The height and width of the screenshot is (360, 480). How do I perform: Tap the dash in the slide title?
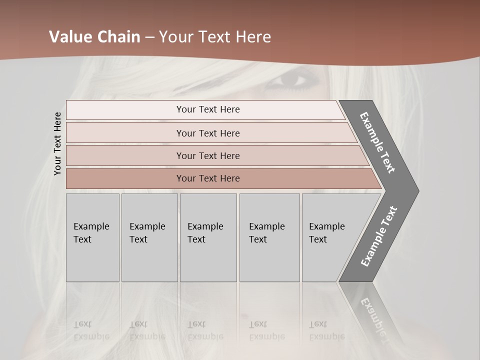[149, 37]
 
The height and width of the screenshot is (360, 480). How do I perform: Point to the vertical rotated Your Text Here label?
[57, 143]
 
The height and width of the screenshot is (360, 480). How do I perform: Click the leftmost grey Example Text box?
[92, 237]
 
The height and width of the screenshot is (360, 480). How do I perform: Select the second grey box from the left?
[149, 237]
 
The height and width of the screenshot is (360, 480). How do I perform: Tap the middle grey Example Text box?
[208, 237]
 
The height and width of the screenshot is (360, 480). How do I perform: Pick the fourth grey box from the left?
[269, 237]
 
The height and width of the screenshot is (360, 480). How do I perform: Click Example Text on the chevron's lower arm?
[378, 236]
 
